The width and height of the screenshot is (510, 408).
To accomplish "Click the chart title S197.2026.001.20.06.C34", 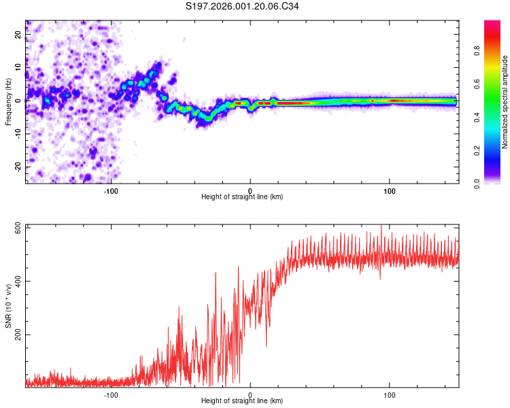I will (243, 6).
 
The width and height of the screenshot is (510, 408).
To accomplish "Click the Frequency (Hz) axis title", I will (8, 102).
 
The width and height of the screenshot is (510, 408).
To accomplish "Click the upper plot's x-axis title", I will (242, 197).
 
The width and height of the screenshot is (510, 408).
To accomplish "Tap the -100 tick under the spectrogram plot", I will (112, 190).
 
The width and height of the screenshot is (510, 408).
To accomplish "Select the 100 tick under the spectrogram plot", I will (390, 190).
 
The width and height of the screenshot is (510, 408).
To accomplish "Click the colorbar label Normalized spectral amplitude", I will (505, 102).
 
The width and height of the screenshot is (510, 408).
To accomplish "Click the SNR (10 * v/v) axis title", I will (8, 306).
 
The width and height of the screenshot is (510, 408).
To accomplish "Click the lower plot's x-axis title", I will (242, 401).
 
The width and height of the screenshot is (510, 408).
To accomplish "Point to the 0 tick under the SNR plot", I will (250, 394).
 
